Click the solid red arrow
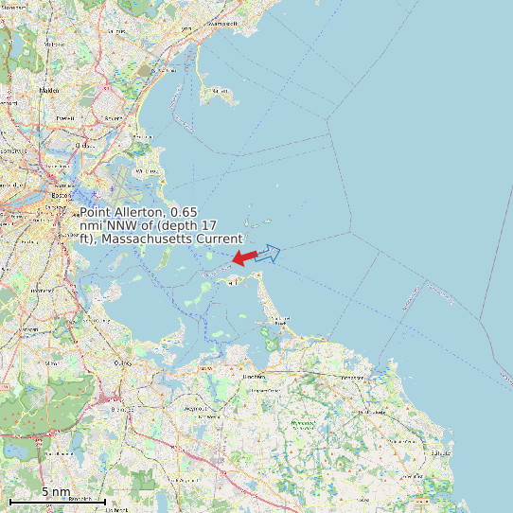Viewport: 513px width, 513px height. pyautogui.click(x=245, y=256)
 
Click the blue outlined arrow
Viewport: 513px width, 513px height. pyautogui.click(x=268, y=253)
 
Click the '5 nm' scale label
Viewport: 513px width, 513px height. pyautogui.click(x=56, y=492)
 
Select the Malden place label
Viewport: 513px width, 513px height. pyautogui.click(x=49, y=90)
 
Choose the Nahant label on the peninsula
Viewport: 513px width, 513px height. pyautogui.click(x=221, y=91)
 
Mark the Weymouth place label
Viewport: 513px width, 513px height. pyautogui.click(x=193, y=408)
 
